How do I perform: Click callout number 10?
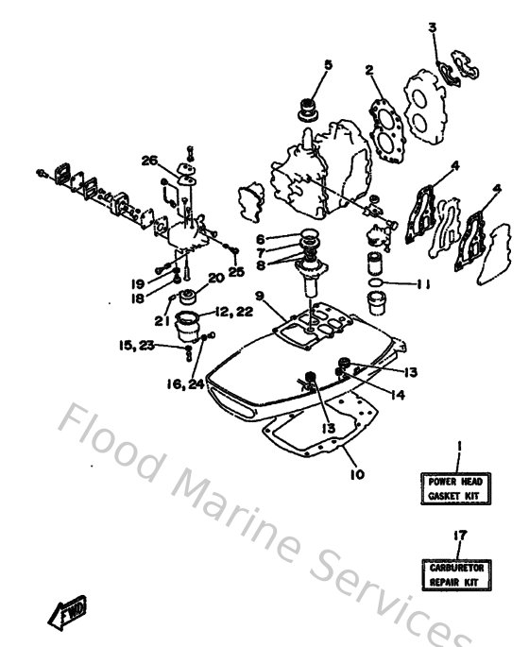pyautogui.click(x=357, y=474)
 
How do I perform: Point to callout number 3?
pyautogui.click(x=433, y=27)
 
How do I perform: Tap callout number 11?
pyautogui.click(x=422, y=283)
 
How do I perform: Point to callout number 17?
pyautogui.click(x=459, y=536)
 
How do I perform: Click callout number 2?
pyautogui.click(x=369, y=69)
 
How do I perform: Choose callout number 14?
pyautogui.click(x=398, y=395)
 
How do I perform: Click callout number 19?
pyautogui.click(x=138, y=281)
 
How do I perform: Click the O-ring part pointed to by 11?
pyautogui.click(x=377, y=282)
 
